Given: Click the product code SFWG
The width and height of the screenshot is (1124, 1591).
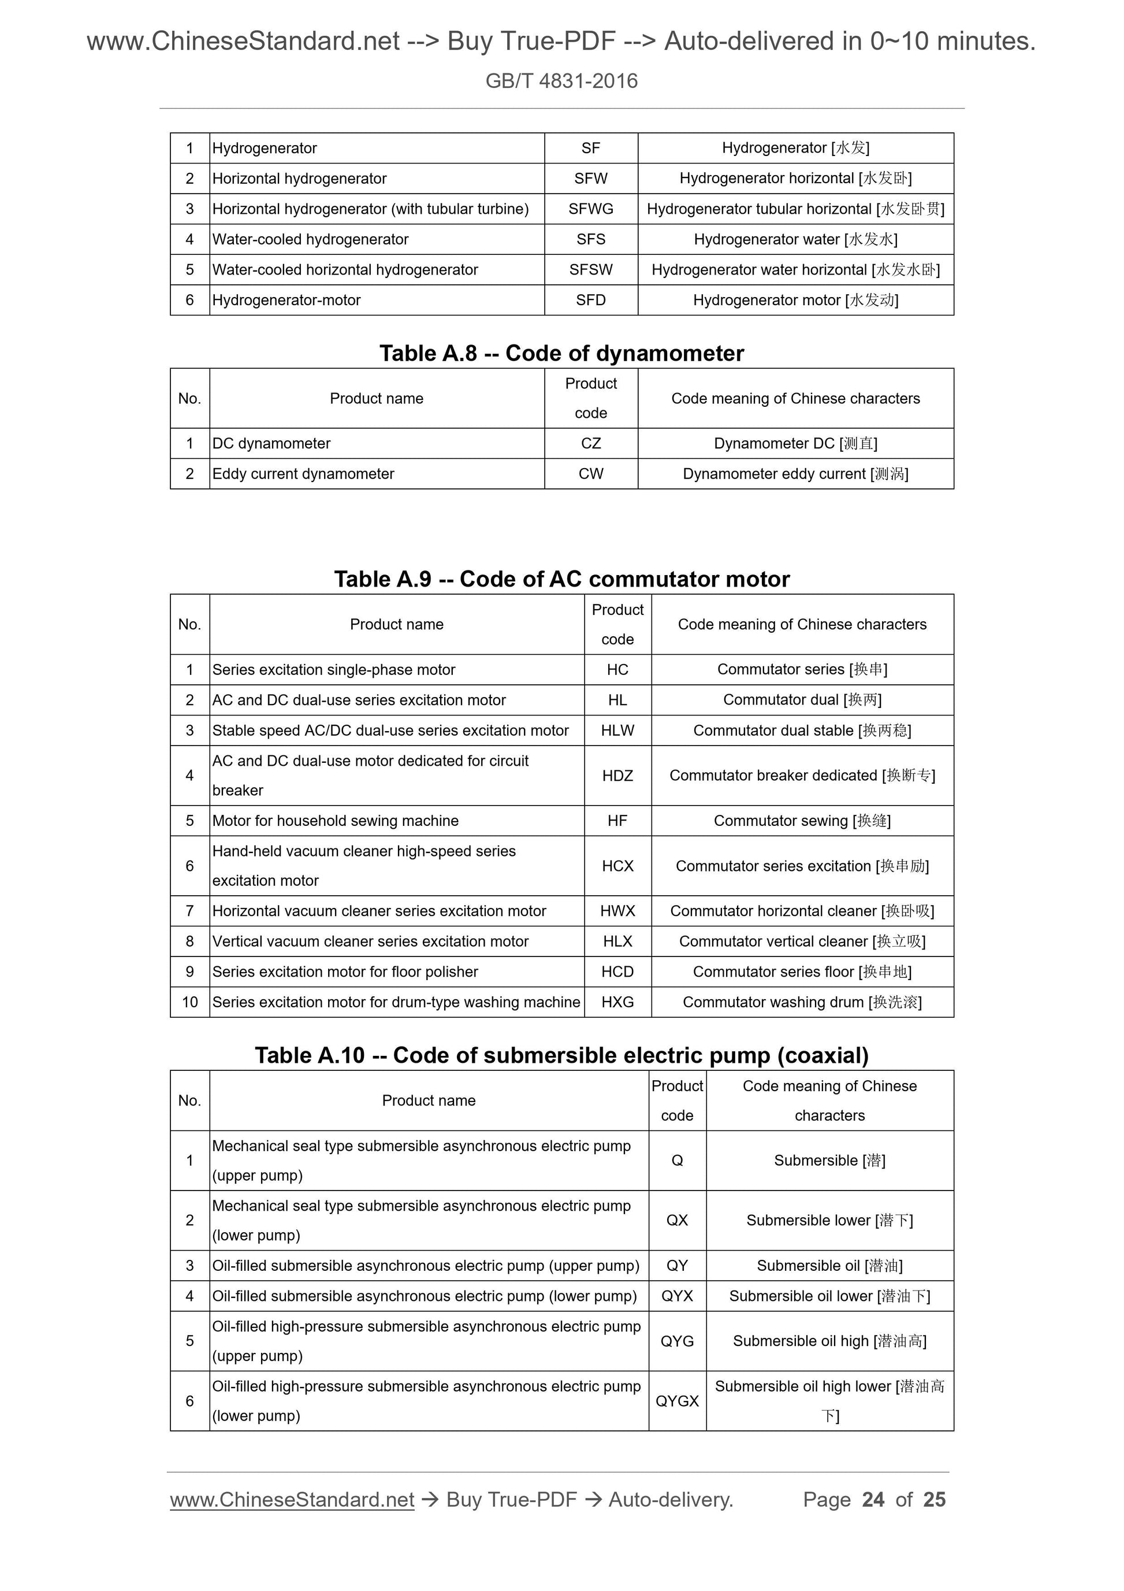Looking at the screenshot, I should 590,209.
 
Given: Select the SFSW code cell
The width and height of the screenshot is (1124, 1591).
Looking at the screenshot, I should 590,269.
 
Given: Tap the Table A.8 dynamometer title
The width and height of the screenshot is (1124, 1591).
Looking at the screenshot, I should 561,354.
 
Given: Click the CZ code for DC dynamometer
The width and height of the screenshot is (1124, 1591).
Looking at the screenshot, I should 590,443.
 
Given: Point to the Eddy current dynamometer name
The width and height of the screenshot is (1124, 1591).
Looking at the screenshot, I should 303,474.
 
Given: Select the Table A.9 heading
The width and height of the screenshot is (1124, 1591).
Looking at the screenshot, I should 561,579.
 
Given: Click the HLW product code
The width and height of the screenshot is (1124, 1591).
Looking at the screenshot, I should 617,730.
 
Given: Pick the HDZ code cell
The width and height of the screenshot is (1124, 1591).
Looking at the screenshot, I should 617,776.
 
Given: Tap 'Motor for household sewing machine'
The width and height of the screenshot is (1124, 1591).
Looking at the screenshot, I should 335,821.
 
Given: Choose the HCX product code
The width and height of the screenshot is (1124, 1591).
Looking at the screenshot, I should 617,866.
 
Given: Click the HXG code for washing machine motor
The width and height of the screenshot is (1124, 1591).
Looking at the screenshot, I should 617,1002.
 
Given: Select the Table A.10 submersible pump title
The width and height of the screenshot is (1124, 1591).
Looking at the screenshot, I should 561,1055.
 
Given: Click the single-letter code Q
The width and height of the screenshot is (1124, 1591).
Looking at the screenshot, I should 676,1160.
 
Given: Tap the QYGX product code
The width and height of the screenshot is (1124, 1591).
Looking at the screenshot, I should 676,1401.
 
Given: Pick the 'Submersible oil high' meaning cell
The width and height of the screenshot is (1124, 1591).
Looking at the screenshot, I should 829,1341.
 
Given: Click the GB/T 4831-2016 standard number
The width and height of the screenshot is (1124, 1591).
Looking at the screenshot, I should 561,81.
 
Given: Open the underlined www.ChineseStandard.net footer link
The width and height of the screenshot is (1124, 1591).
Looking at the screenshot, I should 292,1500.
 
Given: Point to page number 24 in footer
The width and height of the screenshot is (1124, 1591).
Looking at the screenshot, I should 873,1500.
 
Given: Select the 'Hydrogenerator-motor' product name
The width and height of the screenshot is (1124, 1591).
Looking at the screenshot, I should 286,300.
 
